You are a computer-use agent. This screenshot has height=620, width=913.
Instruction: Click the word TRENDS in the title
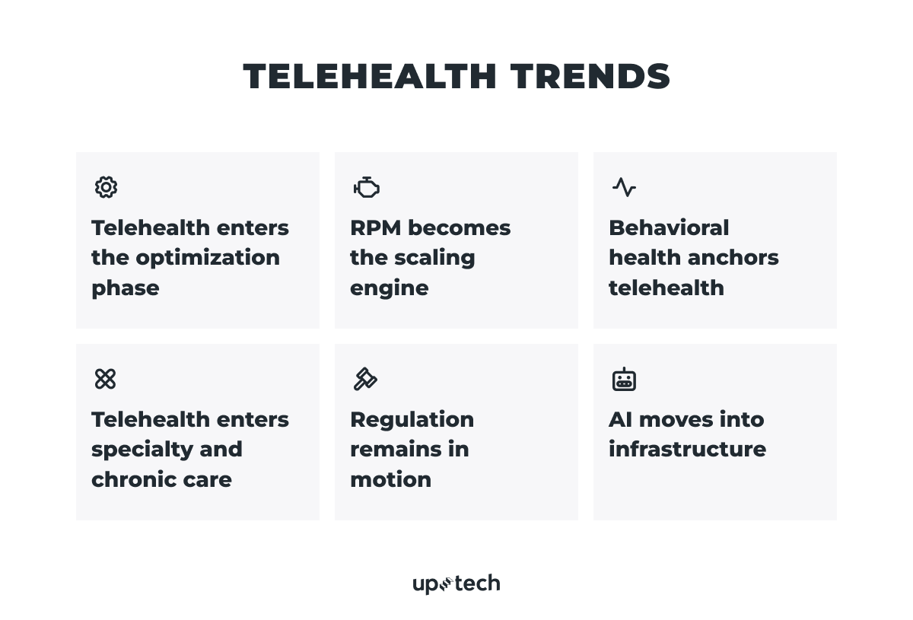click(590, 77)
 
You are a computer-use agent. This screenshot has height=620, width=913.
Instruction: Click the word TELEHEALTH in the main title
click(370, 77)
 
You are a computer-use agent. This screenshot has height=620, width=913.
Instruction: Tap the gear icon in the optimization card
click(106, 187)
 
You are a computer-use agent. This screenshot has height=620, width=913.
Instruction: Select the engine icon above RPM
click(366, 187)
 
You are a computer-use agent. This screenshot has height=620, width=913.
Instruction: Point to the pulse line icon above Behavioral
click(624, 187)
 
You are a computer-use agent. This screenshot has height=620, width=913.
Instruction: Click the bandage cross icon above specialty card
click(106, 379)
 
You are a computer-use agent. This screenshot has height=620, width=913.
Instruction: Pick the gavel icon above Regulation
click(365, 379)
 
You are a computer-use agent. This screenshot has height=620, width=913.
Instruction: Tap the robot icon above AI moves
click(624, 379)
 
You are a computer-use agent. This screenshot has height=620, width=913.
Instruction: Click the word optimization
click(208, 258)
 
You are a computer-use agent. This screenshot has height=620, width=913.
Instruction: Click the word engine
click(389, 288)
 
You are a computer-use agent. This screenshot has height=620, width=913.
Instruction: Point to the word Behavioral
click(669, 227)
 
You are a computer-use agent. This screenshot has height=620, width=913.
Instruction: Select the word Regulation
click(412, 419)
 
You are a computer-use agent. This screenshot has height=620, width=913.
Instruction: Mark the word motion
click(390, 479)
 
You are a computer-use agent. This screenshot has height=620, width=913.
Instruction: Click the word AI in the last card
click(621, 419)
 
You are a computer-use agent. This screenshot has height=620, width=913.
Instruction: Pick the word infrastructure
click(687, 449)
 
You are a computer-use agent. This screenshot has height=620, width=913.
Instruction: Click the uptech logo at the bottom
click(456, 583)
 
